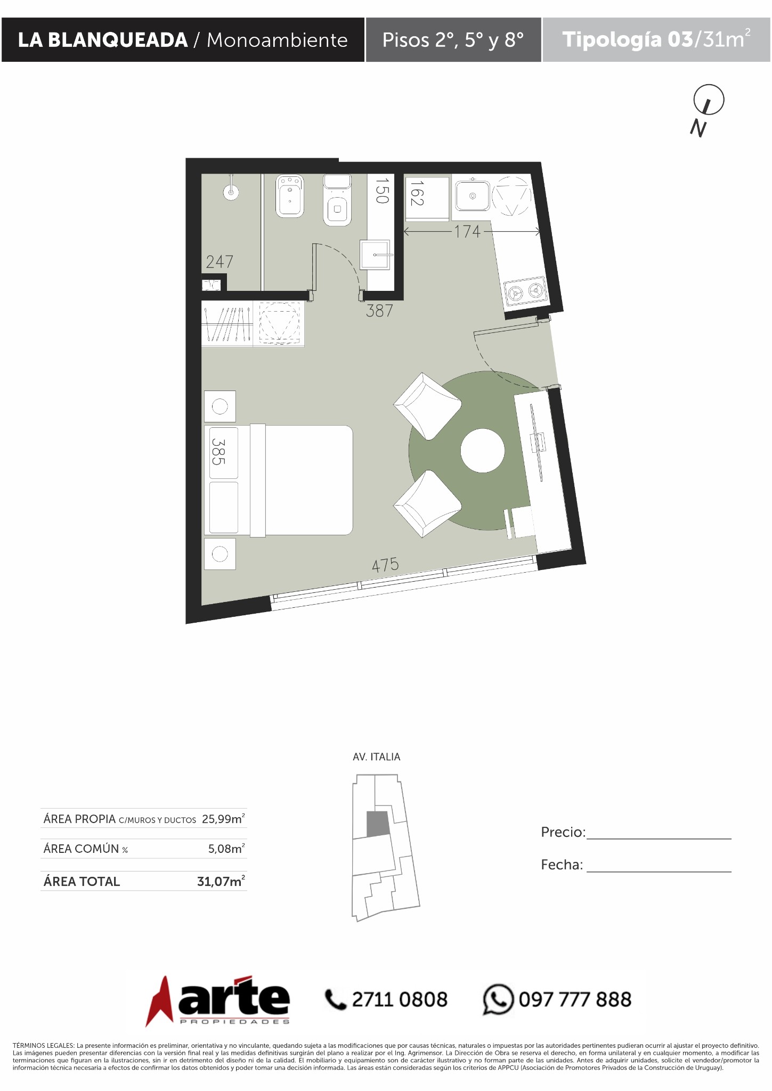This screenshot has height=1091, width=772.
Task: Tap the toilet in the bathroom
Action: coord(337,200)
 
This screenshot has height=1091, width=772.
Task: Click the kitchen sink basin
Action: coord(472,196)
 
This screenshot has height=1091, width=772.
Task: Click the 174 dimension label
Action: coord(467,232)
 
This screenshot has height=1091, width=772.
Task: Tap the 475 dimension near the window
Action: coord(385,565)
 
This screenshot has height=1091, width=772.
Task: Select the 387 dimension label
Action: coord(379,311)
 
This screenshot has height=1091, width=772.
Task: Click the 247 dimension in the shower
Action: coord(220,262)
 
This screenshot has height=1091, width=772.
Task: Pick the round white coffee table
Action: coord(482,451)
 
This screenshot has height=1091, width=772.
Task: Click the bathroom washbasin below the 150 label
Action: coord(376,255)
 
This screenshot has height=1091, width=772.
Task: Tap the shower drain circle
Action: coord(231,193)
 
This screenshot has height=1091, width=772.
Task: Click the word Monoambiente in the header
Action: coord(277,40)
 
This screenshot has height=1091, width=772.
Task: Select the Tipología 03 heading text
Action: coord(628,40)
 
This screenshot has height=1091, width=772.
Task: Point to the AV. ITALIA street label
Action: coord(376,756)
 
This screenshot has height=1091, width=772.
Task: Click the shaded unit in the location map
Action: coord(377,824)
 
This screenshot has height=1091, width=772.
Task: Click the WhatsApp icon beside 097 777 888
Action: coord(498,999)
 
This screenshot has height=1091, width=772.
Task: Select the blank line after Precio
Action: coord(659,839)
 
